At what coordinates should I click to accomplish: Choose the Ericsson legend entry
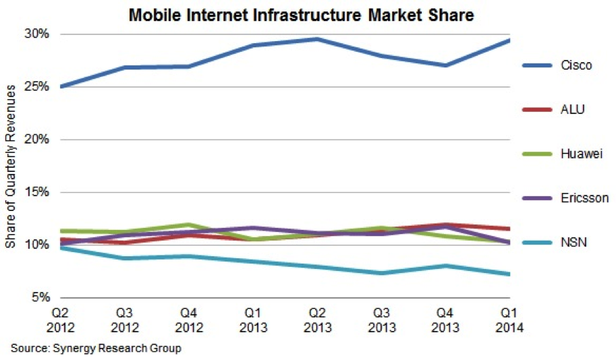pyautogui.click(x=584, y=198)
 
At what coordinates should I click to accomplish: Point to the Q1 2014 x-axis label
pyautogui.click(x=509, y=321)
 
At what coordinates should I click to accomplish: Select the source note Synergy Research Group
pyautogui.click(x=96, y=349)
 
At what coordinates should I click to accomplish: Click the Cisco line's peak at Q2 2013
pyautogui.click(x=317, y=39)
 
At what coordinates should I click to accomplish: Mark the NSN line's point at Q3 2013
pyautogui.click(x=381, y=273)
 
